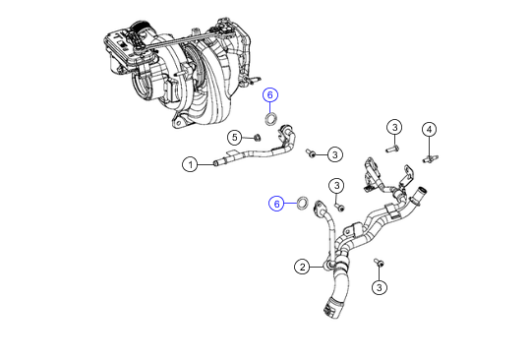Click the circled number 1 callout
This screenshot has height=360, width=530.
point(191,164)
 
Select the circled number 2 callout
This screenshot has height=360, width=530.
point(302,267)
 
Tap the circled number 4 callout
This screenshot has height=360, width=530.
point(429,130)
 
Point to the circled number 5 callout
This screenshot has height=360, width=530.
point(235,138)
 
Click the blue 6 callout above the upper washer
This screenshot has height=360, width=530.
point(270,95)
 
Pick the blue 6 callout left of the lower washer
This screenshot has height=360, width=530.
point(276,204)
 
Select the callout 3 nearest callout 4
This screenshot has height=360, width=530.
point(394,128)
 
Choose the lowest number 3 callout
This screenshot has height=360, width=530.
point(380,287)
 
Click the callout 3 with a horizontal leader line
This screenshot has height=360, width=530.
point(334,154)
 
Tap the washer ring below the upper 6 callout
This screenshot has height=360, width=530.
point(269,119)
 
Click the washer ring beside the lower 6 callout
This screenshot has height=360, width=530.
point(303,203)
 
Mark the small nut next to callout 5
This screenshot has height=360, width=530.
point(257,138)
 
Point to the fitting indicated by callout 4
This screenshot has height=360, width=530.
point(430,158)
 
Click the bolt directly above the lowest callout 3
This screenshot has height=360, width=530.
point(379,263)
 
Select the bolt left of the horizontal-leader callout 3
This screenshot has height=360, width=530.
point(311,153)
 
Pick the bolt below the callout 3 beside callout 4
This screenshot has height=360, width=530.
point(392,148)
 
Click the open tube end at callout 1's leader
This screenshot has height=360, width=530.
point(215,164)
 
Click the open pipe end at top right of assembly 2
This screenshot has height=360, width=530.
point(420,190)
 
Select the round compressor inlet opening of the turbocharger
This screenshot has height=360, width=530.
point(142,87)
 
